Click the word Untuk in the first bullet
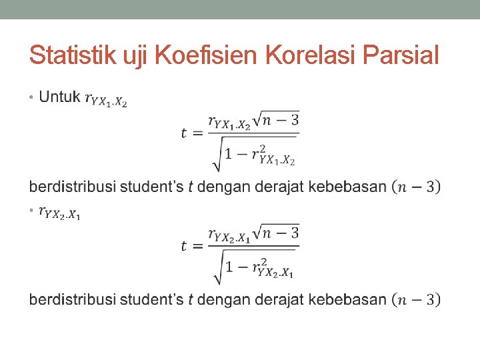(x=59, y=97)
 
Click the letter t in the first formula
(x=184, y=133)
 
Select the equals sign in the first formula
(x=197, y=133)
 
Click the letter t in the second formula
(x=184, y=245)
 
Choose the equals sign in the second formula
(x=197, y=245)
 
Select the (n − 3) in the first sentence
(x=416, y=186)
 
